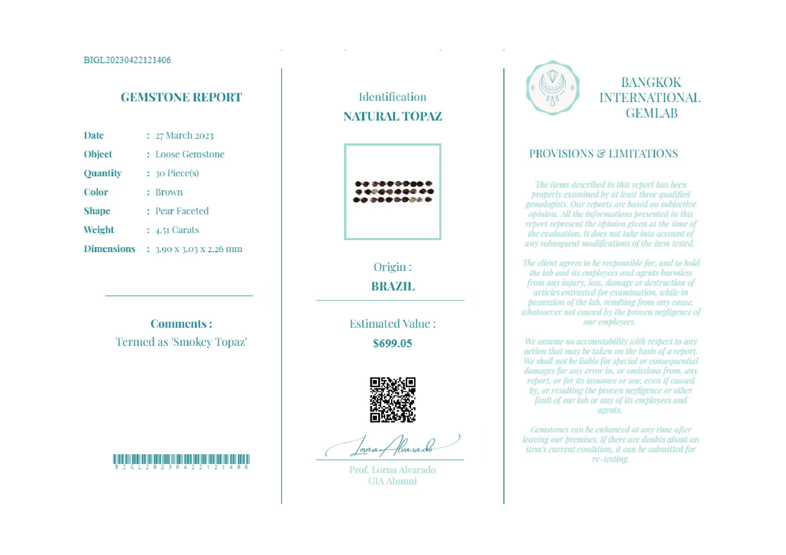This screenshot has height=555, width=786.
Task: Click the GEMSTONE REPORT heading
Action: (181, 97)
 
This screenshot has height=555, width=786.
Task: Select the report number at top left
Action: (127, 60)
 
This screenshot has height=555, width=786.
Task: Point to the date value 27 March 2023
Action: (184, 136)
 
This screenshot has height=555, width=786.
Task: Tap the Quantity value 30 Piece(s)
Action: (177, 173)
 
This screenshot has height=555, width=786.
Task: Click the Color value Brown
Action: (169, 192)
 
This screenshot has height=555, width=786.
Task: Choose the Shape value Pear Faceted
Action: (182, 211)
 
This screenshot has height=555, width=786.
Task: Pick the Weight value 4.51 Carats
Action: (177, 230)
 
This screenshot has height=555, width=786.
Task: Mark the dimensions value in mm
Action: (199, 249)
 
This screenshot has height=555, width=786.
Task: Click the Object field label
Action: (98, 154)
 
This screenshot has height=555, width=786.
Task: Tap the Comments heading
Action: (181, 324)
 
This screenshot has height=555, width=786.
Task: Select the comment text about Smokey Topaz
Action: (181, 342)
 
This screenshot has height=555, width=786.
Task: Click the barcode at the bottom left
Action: (181, 459)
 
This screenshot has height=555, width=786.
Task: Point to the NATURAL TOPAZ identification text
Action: (392, 117)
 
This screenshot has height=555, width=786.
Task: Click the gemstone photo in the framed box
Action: (393, 192)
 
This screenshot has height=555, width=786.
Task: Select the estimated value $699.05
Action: (392, 343)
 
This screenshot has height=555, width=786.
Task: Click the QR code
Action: (392, 400)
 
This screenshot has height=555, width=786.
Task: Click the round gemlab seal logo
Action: (552, 88)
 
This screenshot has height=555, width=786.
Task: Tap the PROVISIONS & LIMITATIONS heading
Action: (603, 154)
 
